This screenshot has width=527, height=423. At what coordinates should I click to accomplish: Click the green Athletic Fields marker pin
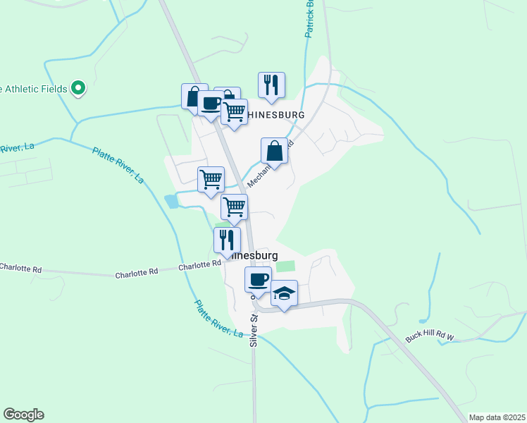[79, 88]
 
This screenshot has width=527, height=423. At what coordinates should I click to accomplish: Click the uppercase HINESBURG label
[275, 115]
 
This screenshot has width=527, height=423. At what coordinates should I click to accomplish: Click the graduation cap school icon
[284, 293]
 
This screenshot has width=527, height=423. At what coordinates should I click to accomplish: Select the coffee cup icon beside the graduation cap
[259, 280]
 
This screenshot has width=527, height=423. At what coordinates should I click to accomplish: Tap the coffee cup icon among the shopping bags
[211, 104]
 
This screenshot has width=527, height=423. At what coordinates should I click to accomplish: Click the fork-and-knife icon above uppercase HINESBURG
[271, 85]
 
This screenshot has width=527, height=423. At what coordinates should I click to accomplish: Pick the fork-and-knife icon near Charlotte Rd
[227, 240]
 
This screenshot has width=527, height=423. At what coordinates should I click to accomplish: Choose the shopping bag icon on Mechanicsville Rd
[274, 151]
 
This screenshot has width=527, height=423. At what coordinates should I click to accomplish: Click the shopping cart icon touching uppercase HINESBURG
[234, 111]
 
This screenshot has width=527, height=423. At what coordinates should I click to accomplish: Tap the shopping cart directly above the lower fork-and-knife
[234, 207]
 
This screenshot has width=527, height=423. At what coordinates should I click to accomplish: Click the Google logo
[23, 415]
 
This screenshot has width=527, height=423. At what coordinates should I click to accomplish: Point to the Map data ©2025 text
[496, 417]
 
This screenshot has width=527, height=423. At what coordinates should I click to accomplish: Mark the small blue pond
[171, 201]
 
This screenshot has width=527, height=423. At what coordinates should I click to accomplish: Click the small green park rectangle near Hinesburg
[285, 266]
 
